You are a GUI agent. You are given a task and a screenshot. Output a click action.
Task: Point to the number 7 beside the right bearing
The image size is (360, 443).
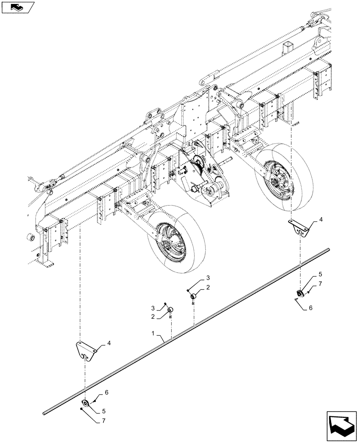pos(320,284)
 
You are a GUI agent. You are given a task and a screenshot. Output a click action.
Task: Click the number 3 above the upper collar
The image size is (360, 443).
pos(207,278)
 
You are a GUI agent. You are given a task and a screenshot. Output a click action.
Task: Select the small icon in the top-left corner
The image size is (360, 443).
pos(18,7)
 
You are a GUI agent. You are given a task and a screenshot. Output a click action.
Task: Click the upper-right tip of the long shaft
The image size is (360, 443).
pos(329,250)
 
